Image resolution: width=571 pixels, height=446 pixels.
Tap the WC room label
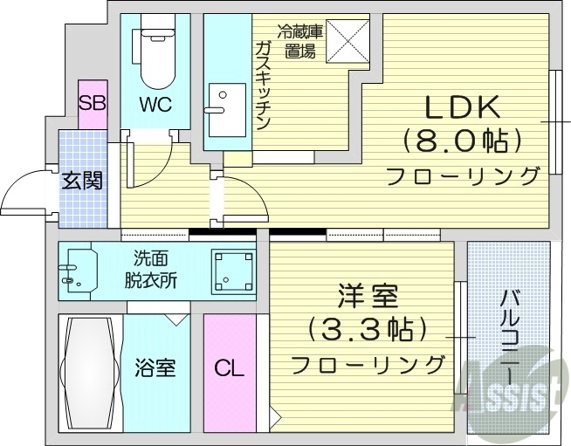[154, 104]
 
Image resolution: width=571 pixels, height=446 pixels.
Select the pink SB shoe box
[92, 103]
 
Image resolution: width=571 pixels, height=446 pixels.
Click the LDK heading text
[462, 106]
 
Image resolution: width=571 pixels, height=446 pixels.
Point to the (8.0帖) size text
[462, 140]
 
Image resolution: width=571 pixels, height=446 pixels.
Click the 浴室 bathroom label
[155, 367]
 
